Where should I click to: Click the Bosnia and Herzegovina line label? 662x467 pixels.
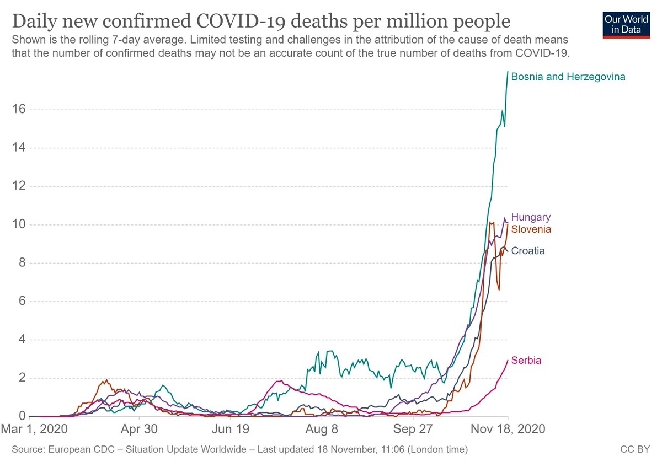pos(568,77)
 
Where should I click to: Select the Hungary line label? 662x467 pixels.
pos(531,217)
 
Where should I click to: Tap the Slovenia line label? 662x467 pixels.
pos(531,229)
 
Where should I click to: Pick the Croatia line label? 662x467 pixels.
pos(528,251)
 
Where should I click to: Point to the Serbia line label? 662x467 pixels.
pos(526,361)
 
